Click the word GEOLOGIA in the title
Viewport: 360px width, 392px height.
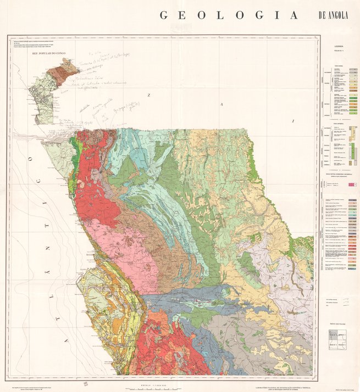coord(229,15)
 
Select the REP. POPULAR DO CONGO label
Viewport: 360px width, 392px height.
coord(51,54)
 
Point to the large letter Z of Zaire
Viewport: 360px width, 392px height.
coord(148,95)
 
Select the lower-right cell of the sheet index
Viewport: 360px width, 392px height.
coord(342,345)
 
